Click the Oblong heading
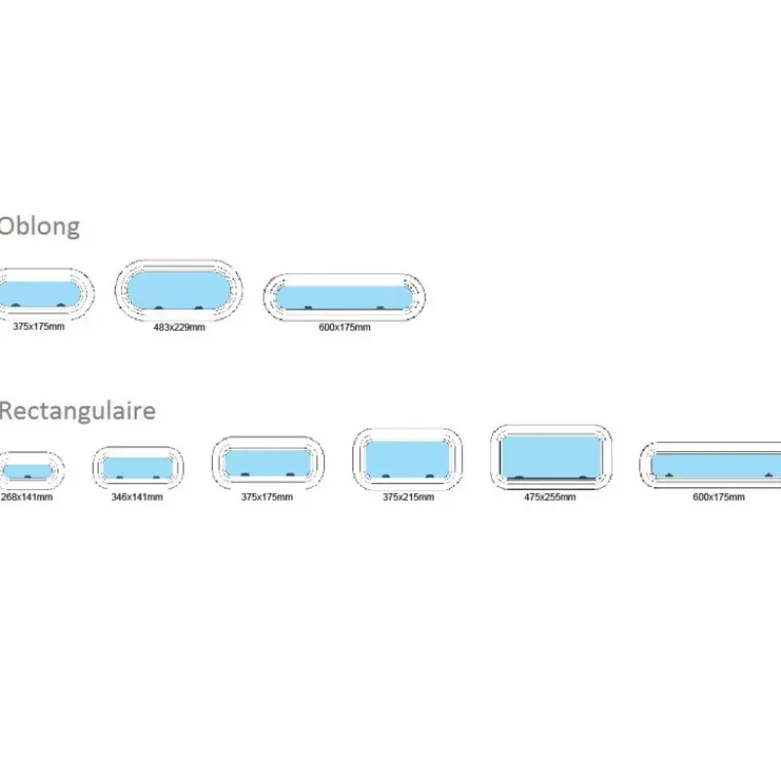pos(39,226)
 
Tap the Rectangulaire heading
pos(77,411)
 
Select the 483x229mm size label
pos(180,327)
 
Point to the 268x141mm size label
pos(27,497)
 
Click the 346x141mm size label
pos(138,497)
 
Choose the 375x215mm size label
pos(408,497)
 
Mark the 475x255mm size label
pos(550,497)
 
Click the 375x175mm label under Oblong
pos(39,326)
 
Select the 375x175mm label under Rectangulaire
pos(267,497)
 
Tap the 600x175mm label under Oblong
pos(345,327)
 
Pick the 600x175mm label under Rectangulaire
pos(719,497)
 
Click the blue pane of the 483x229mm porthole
pos(179,289)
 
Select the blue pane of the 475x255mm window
pos(551,456)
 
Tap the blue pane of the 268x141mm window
pos(27,472)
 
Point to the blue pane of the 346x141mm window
pos(138,468)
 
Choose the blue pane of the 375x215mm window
pos(407,459)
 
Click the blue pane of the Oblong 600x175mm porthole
pos(345,298)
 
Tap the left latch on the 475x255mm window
pos(519,477)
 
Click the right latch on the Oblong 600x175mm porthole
pos(380,308)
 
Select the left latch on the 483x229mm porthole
pos(159,308)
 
